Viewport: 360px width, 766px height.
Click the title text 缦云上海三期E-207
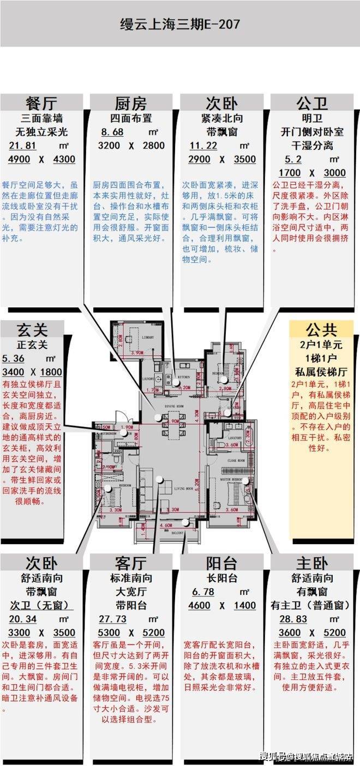click(179, 25)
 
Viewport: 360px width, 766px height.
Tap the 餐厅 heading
click(41, 103)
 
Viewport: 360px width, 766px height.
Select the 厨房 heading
click(131, 103)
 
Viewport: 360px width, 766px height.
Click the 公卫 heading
click(312, 103)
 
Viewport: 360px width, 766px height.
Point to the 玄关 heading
click(33, 329)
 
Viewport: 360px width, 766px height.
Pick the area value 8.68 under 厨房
click(112, 132)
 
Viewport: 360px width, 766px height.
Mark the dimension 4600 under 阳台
click(200, 606)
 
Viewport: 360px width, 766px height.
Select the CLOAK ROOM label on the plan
click(235, 461)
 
